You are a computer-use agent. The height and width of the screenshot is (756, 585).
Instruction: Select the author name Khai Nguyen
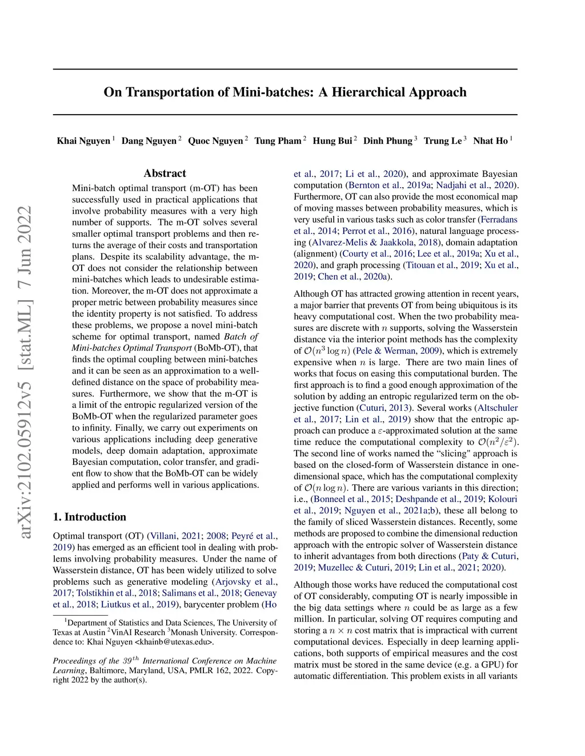83,141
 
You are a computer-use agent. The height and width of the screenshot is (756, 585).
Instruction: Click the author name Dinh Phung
388,141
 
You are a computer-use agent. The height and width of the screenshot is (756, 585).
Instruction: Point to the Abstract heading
165,173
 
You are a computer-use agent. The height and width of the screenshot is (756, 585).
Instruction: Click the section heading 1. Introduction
90,517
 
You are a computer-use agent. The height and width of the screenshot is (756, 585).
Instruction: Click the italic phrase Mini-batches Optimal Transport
131,348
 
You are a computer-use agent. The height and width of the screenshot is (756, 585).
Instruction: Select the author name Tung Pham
278,141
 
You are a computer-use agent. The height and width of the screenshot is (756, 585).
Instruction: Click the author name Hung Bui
332,141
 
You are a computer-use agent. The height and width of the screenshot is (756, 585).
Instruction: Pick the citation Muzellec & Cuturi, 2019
366,568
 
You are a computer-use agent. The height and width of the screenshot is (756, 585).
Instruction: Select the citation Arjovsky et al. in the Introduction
245,582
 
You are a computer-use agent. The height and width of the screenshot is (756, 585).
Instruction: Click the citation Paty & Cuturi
488,556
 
